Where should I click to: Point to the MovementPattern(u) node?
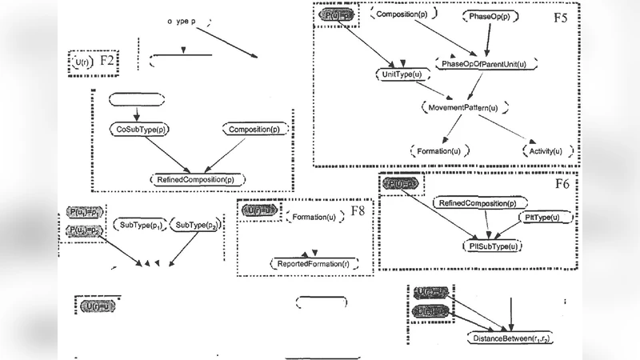[465, 106]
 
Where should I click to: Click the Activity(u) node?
[551, 150]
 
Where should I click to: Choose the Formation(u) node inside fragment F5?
[438, 150]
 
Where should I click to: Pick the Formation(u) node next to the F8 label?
[314, 217]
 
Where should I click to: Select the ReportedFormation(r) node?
[314, 262]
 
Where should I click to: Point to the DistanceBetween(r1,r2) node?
[512, 339]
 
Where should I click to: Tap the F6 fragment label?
[562, 185]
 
